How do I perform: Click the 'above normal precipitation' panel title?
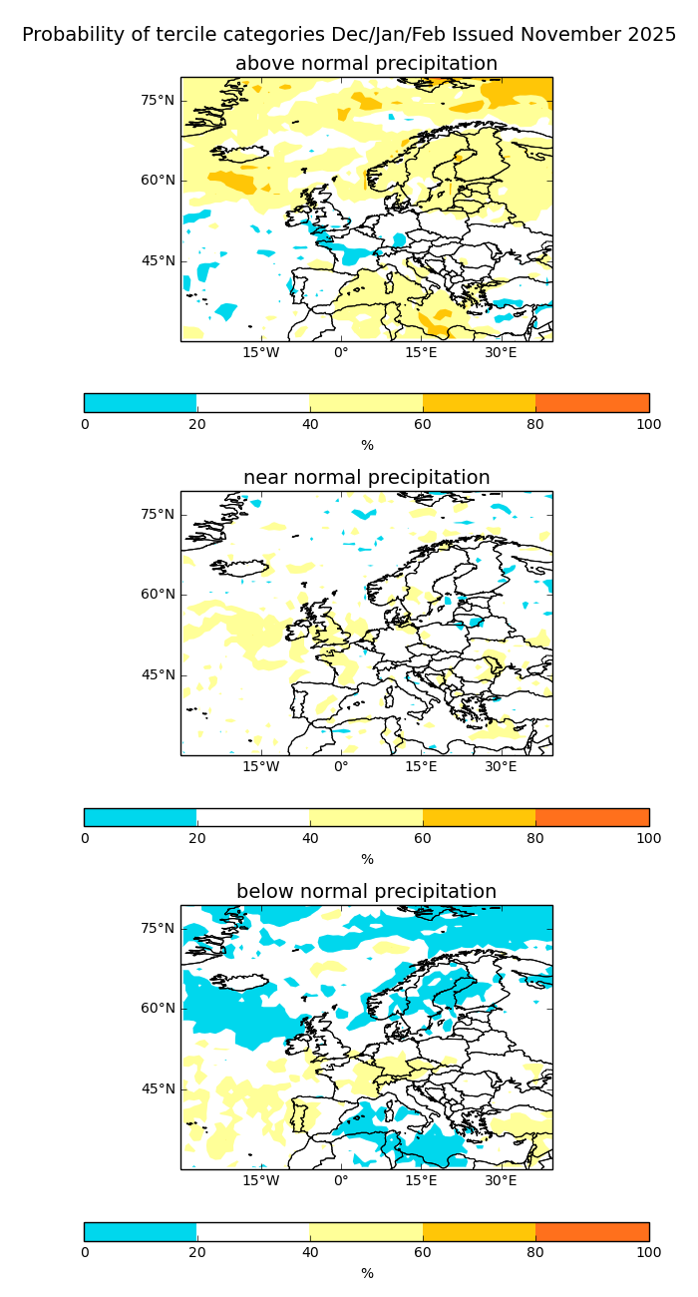[366, 64]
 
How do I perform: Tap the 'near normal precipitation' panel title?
[366, 478]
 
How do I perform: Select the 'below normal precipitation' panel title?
[366, 892]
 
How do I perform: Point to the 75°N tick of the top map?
[158, 100]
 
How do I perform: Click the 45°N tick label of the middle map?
[158, 674]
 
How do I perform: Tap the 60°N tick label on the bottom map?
[158, 1008]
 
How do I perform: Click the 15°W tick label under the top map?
[261, 352]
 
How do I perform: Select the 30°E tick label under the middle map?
[501, 766]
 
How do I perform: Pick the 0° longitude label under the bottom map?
[341, 1180]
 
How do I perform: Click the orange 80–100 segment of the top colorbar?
[592, 403]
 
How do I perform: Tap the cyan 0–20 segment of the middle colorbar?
[141, 817]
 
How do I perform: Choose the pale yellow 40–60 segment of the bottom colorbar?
[366, 1231]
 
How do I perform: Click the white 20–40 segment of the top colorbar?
[253, 403]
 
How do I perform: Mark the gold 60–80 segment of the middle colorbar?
[480, 817]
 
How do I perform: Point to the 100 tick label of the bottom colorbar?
[648, 1252]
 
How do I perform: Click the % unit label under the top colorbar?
[367, 446]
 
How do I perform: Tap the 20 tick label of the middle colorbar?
[197, 838]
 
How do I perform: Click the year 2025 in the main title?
[651, 35]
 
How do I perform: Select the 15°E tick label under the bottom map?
[421, 1180]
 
